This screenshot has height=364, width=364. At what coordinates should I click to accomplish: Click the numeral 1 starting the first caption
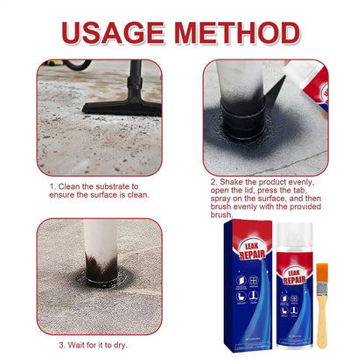pos(52,185)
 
